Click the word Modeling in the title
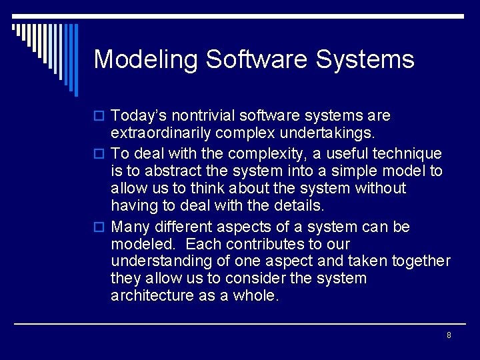146,60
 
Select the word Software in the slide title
257,60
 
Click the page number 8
449,335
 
